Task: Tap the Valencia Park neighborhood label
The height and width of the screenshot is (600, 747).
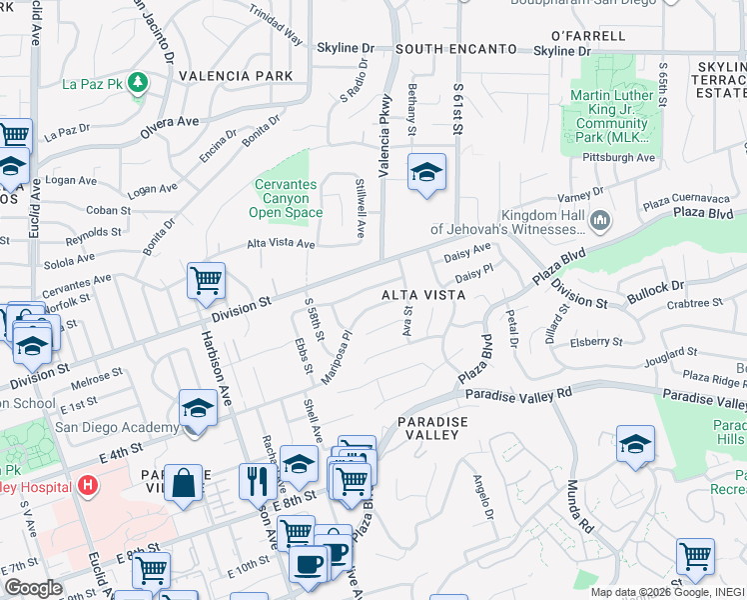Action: (x=236, y=76)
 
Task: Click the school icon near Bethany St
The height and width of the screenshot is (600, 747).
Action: (x=425, y=173)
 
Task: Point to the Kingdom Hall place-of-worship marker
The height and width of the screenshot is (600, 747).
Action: (x=600, y=220)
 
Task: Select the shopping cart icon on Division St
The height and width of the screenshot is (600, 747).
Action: (x=206, y=282)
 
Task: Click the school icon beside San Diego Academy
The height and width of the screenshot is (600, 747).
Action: (x=198, y=408)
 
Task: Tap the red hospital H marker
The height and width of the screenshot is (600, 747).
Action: (x=88, y=487)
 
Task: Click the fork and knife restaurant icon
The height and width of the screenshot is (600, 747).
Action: (x=258, y=481)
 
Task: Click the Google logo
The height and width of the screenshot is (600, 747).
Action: (x=33, y=588)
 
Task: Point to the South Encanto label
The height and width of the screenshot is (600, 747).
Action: (x=455, y=49)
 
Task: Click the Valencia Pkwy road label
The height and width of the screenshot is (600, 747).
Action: (x=383, y=136)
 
